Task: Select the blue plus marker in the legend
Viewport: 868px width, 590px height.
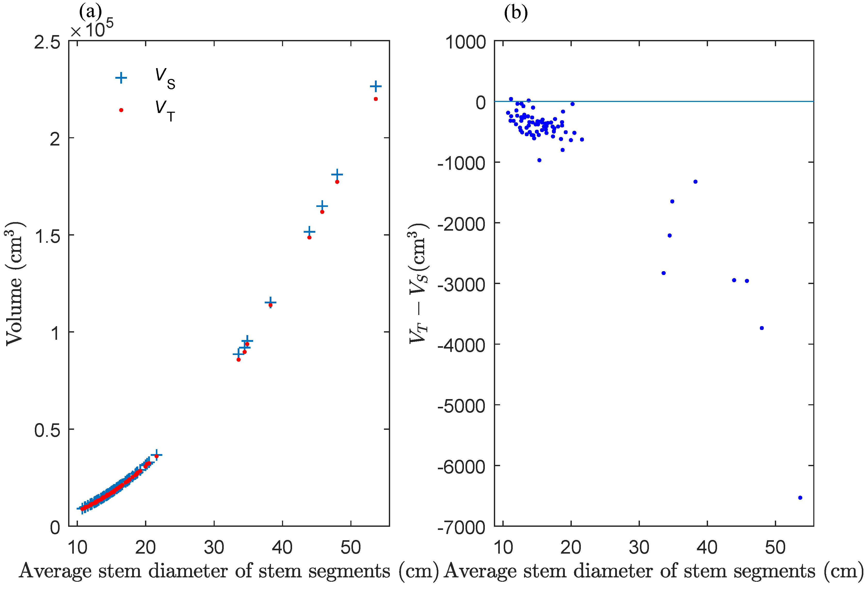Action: click(x=121, y=78)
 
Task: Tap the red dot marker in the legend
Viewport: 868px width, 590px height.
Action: click(x=121, y=110)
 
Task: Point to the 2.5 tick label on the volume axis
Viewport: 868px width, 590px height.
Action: click(x=47, y=42)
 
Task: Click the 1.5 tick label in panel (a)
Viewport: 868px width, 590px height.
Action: click(x=47, y=236)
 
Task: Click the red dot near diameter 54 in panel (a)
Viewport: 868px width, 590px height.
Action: click(x=376, y=99)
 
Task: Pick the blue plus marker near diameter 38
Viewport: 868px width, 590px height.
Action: click(x=270, y=302)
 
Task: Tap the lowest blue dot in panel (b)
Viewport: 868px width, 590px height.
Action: click(x=800, y=498)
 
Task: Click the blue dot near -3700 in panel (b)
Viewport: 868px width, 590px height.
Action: click(x=761, y=328)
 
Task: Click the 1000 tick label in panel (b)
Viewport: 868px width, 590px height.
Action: click(x=465, y=42)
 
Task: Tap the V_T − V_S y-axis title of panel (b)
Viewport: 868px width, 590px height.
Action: click(x=418, y=284)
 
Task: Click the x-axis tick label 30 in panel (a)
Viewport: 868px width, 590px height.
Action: click(x=214, y=548)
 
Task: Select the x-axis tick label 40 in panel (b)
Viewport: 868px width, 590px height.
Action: click(x=707, y=548)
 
